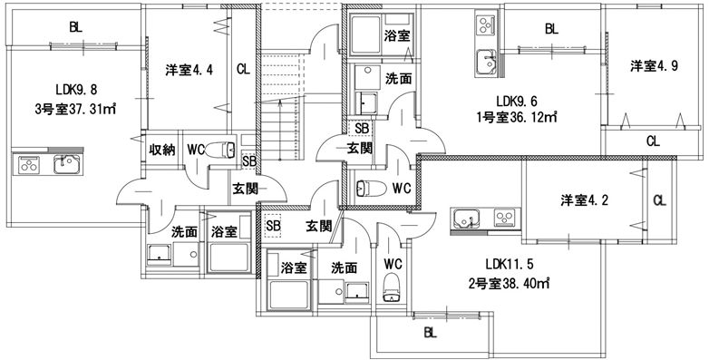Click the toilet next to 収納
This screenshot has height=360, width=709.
pos(221,150)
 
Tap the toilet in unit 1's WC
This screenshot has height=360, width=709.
pos(365,190)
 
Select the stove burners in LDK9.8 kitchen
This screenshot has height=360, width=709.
pos(28,166)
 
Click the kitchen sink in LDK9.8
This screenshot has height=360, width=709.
pos(66,166)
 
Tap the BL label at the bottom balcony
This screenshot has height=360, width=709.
pos(429,333)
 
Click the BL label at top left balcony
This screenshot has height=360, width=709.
pos(74,27)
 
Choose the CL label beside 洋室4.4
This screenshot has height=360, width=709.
pos(243,70)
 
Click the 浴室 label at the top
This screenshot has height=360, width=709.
pos(395,36)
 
